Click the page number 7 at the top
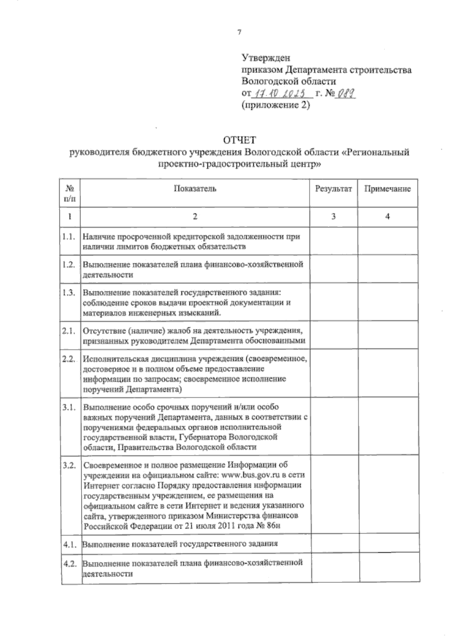[239, 33]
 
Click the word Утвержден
[266, 58]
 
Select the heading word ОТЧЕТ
[240, 140]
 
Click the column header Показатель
[195, 189]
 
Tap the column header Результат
[333, 189]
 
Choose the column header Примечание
[388, 189]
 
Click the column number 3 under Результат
[333, 216]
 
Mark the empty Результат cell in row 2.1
[333, 335]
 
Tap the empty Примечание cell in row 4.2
[388, 568]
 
